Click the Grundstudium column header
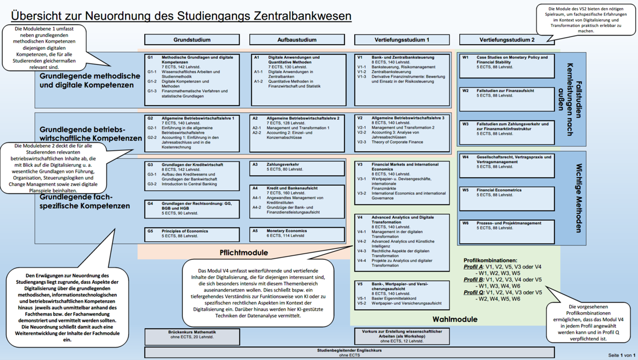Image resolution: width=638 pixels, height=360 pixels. pos(192,40)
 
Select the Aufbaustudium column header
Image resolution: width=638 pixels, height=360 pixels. pos(297,40)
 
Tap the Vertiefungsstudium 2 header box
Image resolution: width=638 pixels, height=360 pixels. pos(507,40)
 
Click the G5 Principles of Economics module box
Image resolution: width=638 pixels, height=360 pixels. pos(192,234)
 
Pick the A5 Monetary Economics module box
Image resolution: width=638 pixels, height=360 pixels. pos(297,234)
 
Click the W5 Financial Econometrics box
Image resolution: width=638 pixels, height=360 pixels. pos(507,198)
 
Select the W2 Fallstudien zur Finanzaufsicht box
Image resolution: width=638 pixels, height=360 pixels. pos(507,98)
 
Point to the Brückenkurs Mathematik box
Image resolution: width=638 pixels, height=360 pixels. pos(192,336)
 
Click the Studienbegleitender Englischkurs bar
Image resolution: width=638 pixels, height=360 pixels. pos(349,353)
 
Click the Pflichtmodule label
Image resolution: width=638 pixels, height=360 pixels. pos(244,253)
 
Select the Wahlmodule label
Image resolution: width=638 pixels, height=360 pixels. pos(455,319)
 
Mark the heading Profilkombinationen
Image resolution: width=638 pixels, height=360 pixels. pos(490,260)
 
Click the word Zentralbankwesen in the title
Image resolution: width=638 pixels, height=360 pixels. pos(302,15)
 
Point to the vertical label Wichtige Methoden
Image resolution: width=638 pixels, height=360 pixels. pos(579,198)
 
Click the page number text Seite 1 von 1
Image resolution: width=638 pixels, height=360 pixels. pos(622,355)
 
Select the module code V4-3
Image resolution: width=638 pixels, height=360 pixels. pos(362,251)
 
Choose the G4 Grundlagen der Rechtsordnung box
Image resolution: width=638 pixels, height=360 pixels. pos(192,208)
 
